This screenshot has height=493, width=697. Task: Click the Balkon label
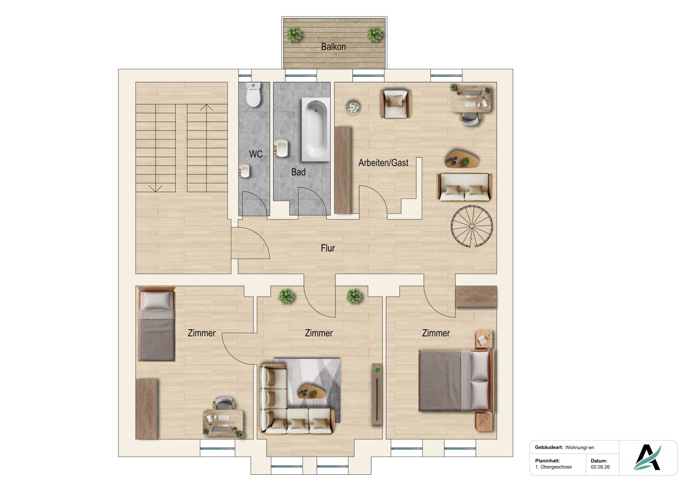point(333,47)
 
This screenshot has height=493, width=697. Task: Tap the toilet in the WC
point(253,95)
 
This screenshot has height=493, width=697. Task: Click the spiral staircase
point(472,226)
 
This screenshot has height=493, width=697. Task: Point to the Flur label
point(328,248)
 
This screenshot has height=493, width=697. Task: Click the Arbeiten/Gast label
point(383,163)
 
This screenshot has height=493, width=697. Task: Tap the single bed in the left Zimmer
point(156,324)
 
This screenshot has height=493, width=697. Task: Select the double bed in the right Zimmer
point(456,380)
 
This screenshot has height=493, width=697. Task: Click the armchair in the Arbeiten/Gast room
point(396,104)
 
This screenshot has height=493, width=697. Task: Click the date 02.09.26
point(600,467)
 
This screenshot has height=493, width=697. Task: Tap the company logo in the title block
point(648,457)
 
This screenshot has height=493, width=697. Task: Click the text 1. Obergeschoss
point(553,467)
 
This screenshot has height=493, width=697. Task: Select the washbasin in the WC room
point(244,171)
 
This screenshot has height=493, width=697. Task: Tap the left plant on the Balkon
point(294,34)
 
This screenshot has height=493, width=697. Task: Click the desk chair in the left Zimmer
point(223,403)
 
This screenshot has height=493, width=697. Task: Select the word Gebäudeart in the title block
point(549,447)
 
